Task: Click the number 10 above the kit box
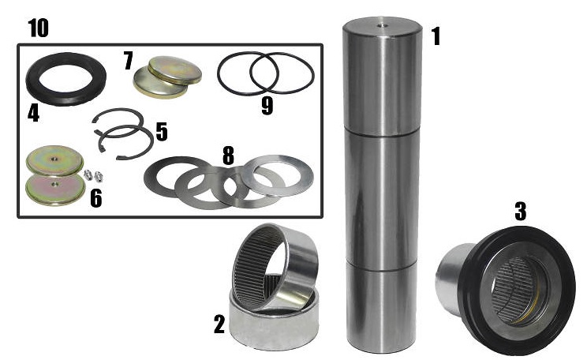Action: [38, 28]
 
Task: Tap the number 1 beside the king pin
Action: [436, 36]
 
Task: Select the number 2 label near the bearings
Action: [219, 324]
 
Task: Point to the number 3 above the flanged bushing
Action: [521, 211]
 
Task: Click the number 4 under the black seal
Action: [33, 114]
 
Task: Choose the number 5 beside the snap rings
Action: [162, 132]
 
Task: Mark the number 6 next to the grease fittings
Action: [96, 198]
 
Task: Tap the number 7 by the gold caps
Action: [128, 61]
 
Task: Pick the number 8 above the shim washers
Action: [228, 155]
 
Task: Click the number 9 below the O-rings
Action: [267, 105]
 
